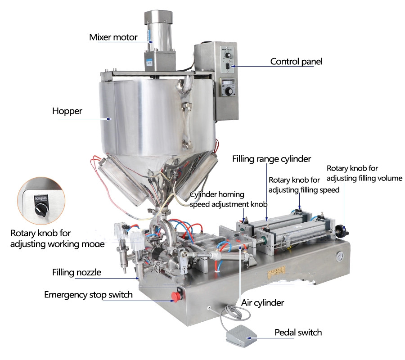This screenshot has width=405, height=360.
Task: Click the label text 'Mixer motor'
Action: click(x=113, y=37)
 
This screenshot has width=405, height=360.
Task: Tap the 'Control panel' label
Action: click(x=296, y=61)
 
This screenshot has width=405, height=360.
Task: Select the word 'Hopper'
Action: click(x=67, y=111)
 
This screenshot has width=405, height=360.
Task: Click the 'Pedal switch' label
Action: click(x=298, y=333)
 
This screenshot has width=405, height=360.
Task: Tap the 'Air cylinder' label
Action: click(x=263, y=303)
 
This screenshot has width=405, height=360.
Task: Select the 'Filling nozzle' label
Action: click(x=76, y=272)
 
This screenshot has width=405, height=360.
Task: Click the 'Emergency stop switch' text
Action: click(x=88, y=295)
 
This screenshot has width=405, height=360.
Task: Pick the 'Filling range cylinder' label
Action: click(x=271, y=159)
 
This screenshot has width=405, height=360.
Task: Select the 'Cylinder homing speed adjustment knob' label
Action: click(x=229, y=199)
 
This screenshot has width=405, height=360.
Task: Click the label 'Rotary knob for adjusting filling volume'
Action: click(x=364, y=174)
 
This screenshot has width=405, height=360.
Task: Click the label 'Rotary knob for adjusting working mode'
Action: click(x=58, y=238)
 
